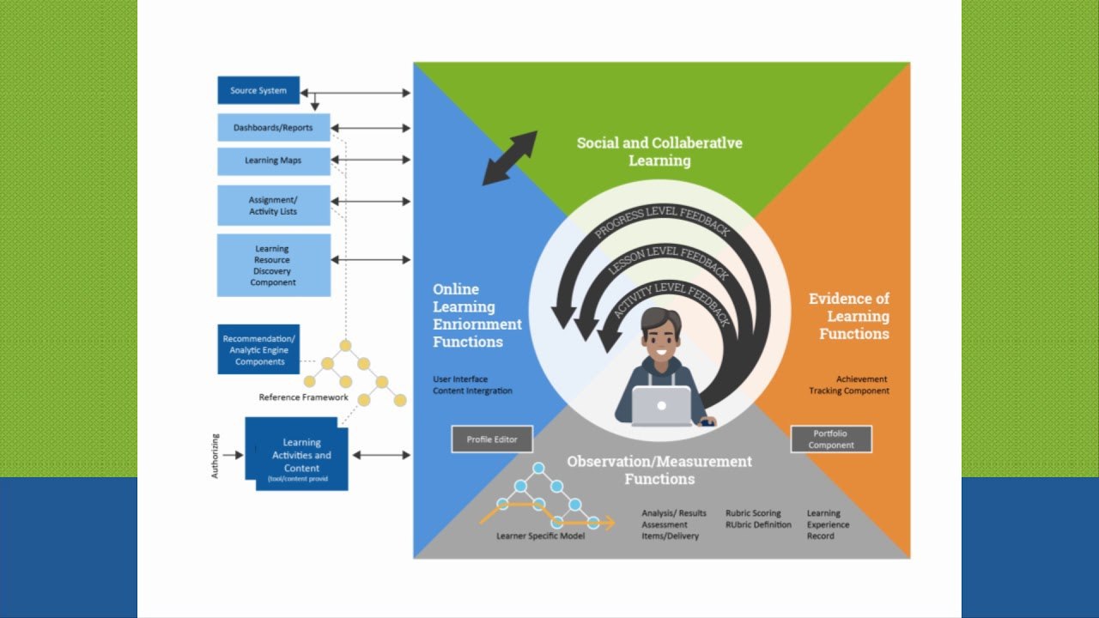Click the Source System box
click(x=258, y=90)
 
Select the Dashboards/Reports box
click(x=273, y=128)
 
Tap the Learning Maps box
click(x=273, y=161)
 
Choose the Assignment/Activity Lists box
click(x=273, y=206)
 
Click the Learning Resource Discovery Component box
click(x=273, y=265)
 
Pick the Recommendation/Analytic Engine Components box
click(x=258, y=349)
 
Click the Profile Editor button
click(x=492, y=439)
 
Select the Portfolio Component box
click(x=830, y=439)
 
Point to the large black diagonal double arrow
click(x=509, y=158)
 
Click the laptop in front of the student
click(x=661, y=406)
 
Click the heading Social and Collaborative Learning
click(x=659, y=151)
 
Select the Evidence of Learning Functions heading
click(x=850, y=316)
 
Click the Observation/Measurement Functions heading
click(x=659, y=470)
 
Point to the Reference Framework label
click(x=303, y=397)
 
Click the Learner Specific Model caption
click(x=541, y=536)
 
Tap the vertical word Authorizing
click(x=216, y=456)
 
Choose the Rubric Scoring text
click(x=753, y=513)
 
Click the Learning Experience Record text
click(x=828, y=524)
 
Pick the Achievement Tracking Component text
click(x=849, y=385)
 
